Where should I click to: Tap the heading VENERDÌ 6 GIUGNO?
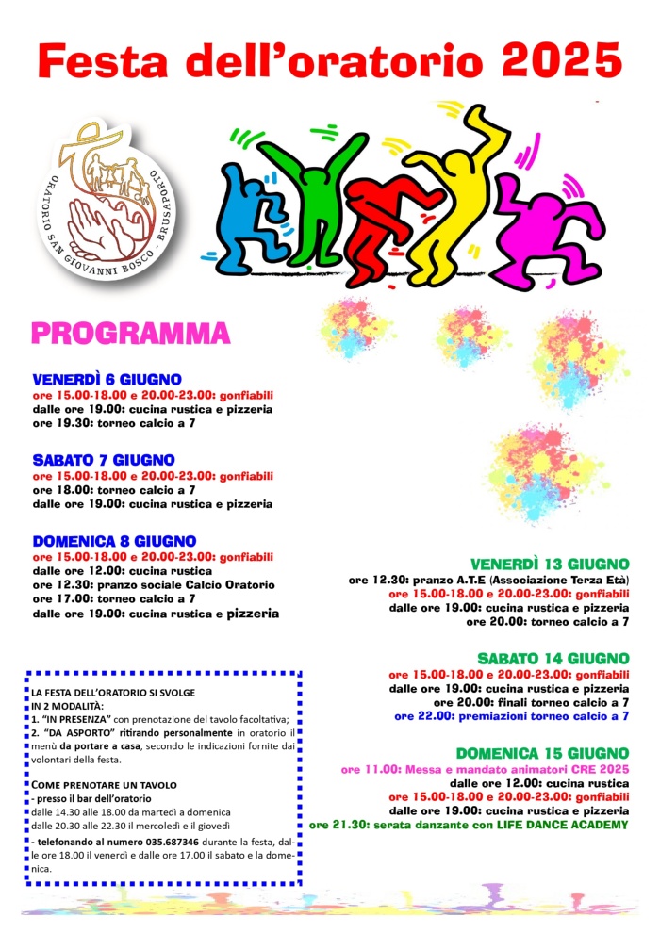click(x=107, y=380)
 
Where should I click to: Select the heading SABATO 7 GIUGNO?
click(x=104, y=460)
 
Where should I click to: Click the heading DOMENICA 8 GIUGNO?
click(x=114, y=541)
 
